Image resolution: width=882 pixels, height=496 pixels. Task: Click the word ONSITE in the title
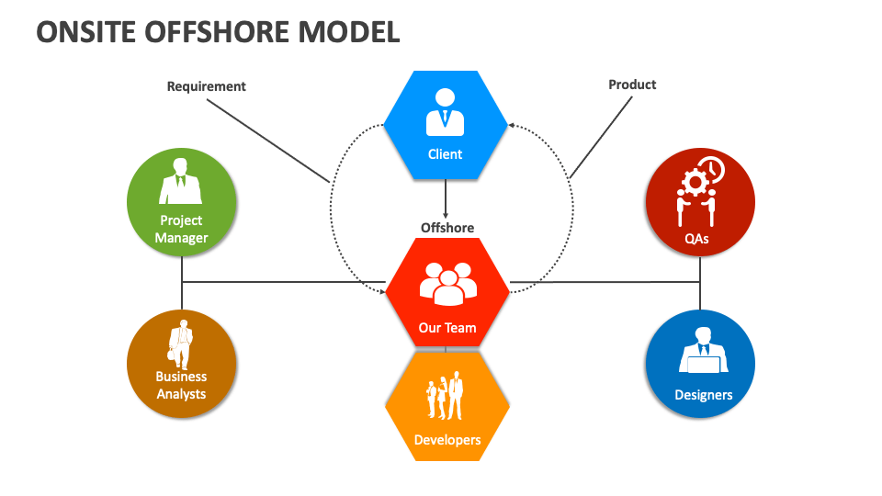coord(88,32)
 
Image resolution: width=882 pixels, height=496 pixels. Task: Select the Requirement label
coord(206,86)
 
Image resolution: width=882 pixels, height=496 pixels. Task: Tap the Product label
coord(632,85)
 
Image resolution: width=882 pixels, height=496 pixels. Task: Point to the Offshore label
coord(447,228)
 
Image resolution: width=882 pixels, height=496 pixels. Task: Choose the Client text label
coord(446,154)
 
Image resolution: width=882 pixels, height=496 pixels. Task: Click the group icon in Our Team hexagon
coord(447,284)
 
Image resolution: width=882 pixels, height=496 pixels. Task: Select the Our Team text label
coord(447,327)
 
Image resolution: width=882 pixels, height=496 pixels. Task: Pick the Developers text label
coord(447,440)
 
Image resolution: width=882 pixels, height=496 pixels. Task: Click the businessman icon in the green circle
coord(181,181)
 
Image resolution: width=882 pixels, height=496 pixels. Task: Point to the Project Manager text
coord(181,229)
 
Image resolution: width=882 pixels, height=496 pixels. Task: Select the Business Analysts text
coord(181,385)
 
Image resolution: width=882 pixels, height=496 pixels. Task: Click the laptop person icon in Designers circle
coord(703,350)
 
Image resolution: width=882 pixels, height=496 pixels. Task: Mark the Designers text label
coord(704,395)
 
